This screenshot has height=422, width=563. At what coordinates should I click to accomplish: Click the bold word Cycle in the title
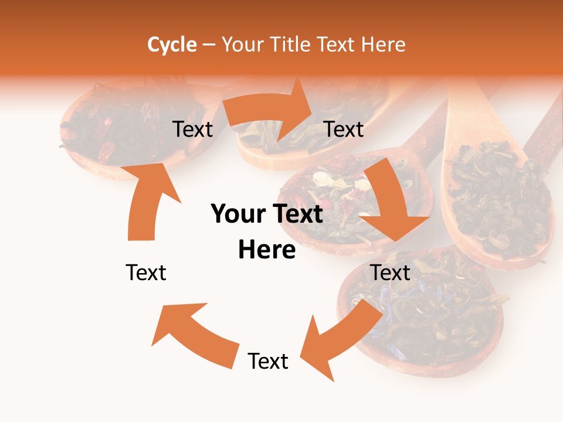click(172, 45)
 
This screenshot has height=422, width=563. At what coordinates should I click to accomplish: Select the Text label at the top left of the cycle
click(192, 129)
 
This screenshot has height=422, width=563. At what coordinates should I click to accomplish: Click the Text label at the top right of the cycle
click(344, 129)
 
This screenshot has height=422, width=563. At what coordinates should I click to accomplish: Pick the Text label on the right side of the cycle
click(391, 273)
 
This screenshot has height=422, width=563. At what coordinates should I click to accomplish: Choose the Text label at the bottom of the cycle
click(268, 361)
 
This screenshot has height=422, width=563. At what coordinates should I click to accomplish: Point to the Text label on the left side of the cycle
click(146, 273)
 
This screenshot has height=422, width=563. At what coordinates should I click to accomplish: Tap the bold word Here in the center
click(267, 250)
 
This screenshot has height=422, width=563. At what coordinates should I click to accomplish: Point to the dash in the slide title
click(209, 45)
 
